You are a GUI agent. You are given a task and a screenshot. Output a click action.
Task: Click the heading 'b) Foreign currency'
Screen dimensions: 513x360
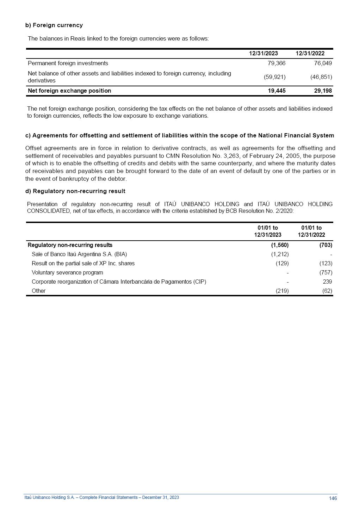click(x=54, y=25)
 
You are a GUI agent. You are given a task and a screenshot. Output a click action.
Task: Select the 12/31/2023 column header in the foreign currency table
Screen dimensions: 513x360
click(x=263, y=53)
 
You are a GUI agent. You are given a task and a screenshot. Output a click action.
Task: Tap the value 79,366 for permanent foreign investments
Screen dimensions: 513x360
click(x=277, y=63)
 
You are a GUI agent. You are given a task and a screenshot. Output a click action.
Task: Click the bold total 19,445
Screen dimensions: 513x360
click(x=277, y=91)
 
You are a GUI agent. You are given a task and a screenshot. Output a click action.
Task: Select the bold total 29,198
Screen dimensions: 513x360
click(x=323, y=91)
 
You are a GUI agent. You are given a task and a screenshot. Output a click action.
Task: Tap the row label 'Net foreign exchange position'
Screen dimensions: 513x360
click(x=69, y=91)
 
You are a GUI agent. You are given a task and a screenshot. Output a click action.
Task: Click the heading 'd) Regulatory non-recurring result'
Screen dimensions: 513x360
click(x=75, y=191)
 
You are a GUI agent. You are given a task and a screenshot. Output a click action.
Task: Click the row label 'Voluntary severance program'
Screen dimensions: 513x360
click(x=67, y=272)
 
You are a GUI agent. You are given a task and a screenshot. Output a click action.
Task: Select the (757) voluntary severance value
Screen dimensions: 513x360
click(x=326, y=272)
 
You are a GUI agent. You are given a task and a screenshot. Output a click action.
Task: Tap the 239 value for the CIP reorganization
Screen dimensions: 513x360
click(x=327, y=282)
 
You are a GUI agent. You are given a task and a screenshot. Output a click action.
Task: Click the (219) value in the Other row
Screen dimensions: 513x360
click(x=282, y=291)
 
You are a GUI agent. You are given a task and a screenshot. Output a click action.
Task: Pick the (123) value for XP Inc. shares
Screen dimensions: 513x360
click(x=326, y=263)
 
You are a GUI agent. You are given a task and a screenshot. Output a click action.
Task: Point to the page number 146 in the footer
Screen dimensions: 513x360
click(x=333, y=498)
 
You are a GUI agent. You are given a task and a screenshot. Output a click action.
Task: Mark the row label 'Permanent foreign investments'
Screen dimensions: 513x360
click(x=68, y=63)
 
